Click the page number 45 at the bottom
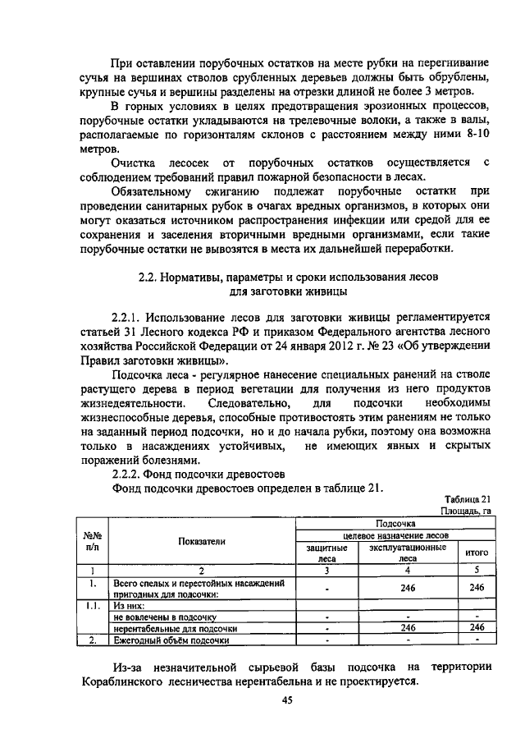(x=287, y=699)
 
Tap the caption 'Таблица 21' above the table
(x=467, y=498)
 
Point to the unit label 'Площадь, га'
(x=465, y=511)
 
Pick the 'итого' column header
(x=477, y=553)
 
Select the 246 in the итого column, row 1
(x=477, y=587)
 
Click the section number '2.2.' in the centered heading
(x=149, y=277)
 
